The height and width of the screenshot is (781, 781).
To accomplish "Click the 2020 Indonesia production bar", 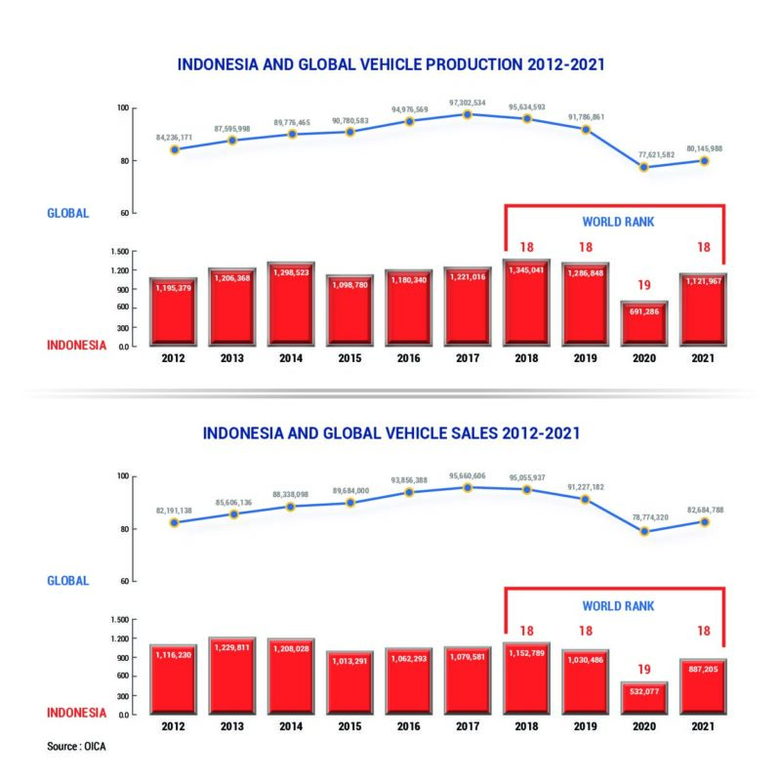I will click(644, 322).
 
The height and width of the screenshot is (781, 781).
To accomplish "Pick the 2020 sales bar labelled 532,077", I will click(644, 698).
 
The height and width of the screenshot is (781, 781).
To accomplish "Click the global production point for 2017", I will click(468, 114).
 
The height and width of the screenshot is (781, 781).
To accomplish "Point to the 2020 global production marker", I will click(644, 167).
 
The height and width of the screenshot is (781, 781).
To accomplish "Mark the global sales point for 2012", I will click(174, 522).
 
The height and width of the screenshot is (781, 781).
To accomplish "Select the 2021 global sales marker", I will click(704, 522).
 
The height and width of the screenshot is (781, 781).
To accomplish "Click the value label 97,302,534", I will click(468, 102).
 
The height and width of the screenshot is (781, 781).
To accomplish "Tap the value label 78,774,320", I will click(644, 517).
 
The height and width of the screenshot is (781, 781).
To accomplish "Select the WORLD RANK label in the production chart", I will click(617, 222).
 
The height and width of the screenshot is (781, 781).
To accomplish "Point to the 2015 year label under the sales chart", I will click(349, 726).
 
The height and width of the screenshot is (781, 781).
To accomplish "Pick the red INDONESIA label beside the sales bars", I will click(78, 712).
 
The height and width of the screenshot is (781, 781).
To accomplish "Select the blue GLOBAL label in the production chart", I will click(68, 213).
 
